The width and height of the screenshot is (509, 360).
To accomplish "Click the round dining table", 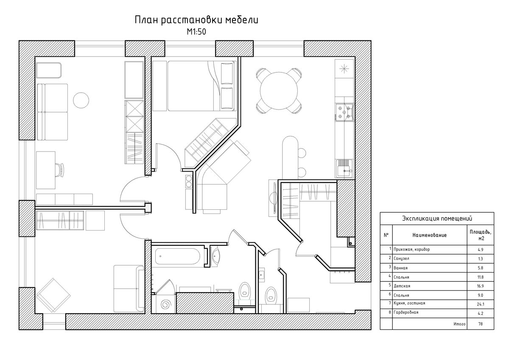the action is tap(279, 90).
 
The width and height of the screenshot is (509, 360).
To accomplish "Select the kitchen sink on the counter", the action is tap(344, 168).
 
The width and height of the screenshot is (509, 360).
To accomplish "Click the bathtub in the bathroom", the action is tap(177, 256).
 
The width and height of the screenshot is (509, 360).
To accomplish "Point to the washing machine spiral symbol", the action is tap(166, 304).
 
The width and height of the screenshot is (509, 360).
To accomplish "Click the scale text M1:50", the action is tap(196, 32).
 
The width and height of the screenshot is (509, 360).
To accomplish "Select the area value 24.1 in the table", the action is tap(480, 304).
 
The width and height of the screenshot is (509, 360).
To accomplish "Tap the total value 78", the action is tap(480, 324).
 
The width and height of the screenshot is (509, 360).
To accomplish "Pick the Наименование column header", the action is tap(429, 235).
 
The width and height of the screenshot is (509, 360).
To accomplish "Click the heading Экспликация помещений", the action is tap(437, 219).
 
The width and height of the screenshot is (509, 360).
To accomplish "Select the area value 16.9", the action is tap(480, 286).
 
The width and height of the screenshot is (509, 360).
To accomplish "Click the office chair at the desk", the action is tap(60, 170).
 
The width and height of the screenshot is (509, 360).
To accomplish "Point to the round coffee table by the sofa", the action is tap(81, 100).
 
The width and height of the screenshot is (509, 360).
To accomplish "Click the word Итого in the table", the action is tap(459, 324).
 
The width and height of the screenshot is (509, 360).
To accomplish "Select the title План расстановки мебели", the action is tap(196, 20).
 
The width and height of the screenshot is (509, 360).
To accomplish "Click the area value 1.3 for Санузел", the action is tap(480, 259).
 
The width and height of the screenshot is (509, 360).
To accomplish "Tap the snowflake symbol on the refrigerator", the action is tap(344, 69).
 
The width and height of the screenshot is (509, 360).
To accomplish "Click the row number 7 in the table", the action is tap(390, 303).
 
